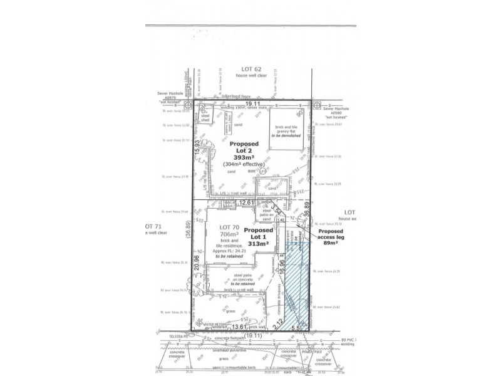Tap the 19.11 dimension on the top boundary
click(252, 102)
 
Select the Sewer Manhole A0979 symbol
click(188, 105)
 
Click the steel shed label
click(204, 119)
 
